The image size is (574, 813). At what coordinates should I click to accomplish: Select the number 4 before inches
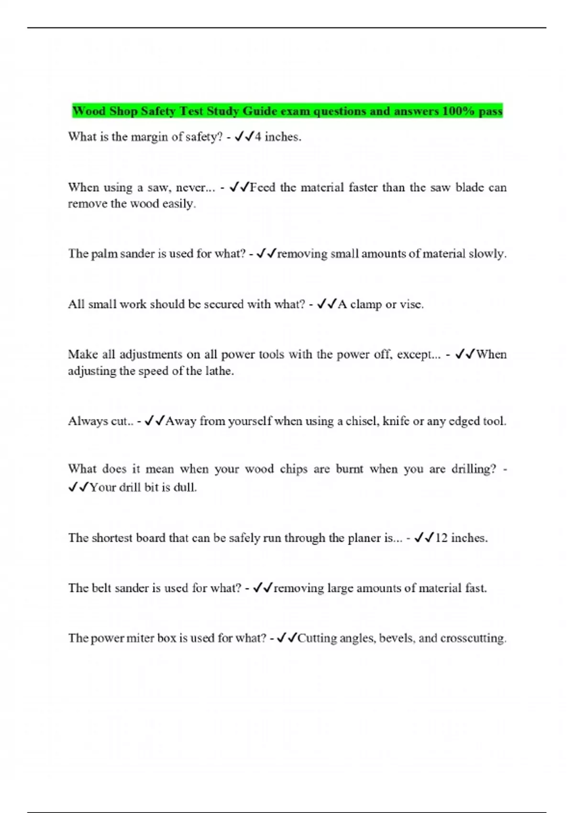(x=258, y=137)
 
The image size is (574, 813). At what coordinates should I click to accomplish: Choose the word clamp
(x=366, y=304)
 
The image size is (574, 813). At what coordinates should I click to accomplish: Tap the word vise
(x=411, y=304)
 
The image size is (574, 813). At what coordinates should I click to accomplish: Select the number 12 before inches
(x=442, y=538)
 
